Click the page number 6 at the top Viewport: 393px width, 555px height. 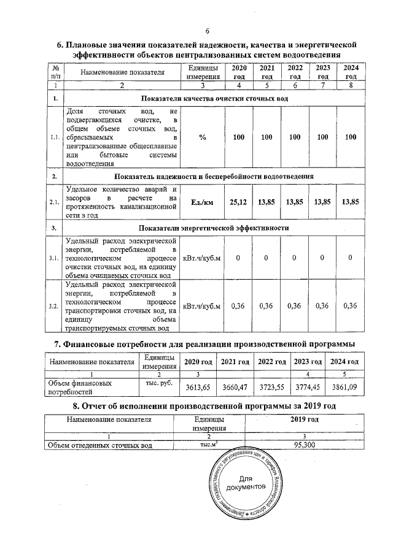point(207,32)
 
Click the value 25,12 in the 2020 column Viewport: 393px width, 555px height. point(238,202)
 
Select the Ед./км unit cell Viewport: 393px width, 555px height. point(202,202)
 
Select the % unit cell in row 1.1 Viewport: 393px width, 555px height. point(202,137)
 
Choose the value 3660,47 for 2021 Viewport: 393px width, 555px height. point(235,388)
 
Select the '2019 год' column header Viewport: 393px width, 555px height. point(304,420)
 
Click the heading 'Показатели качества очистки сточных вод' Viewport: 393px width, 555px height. point(214,99)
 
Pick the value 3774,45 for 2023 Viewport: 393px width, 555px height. point(309,388)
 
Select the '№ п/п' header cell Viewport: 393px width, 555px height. point(56,72)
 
